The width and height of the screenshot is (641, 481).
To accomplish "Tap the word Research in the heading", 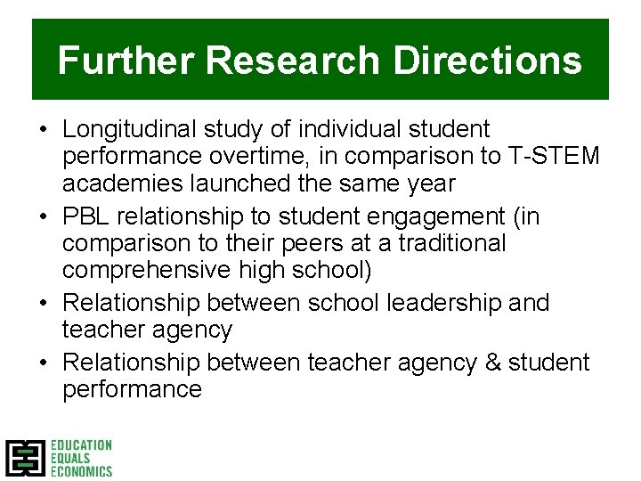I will click(294, 61).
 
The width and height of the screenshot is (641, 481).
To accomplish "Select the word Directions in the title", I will click(487, 61).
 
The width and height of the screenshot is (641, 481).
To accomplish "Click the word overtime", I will click(252, 157).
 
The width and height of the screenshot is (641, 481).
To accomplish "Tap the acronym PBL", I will click(86, 216).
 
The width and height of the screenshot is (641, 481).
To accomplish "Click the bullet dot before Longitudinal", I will click(43, 131).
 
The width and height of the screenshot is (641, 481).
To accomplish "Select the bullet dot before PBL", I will click(43, 217).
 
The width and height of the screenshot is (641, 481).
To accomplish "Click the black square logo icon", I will click(24, 457).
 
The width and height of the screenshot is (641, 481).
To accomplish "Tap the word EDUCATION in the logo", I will click(81, 444).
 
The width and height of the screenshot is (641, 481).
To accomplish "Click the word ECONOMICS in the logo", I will click(81, 470).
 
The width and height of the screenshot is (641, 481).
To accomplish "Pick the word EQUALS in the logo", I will click(70, 458).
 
